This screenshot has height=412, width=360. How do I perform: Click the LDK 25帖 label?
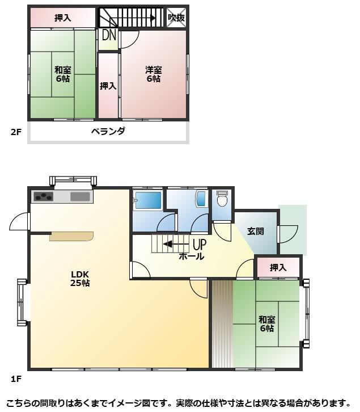[80, 279]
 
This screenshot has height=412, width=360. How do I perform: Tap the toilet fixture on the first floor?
[222, 199]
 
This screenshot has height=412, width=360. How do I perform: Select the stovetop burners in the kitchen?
[43, 196]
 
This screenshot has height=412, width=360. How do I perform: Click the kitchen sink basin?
[80, 196]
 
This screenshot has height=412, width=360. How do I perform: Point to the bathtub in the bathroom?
[148, 200]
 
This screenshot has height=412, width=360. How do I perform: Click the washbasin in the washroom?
[201, 199]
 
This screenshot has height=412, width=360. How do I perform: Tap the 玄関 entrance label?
[256, 232]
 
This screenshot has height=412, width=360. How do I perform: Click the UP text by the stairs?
[200, 245]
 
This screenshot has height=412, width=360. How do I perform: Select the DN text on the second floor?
[109, 35]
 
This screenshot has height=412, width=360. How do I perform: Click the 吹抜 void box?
[176, 18]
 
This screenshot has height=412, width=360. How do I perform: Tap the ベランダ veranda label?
[108, 131]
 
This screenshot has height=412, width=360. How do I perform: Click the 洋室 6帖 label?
[154, 74]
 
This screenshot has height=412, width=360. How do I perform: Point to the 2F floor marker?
[16, 132]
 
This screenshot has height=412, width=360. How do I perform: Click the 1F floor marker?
[16, 379]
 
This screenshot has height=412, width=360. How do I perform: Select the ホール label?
[192, 256]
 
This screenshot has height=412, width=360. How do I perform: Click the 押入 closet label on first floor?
[278, 268]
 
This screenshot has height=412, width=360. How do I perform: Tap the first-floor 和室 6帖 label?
[267, 324]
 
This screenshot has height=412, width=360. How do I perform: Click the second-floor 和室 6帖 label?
[63, 74]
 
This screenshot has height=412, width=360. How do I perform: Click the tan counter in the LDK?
[71, 236]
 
